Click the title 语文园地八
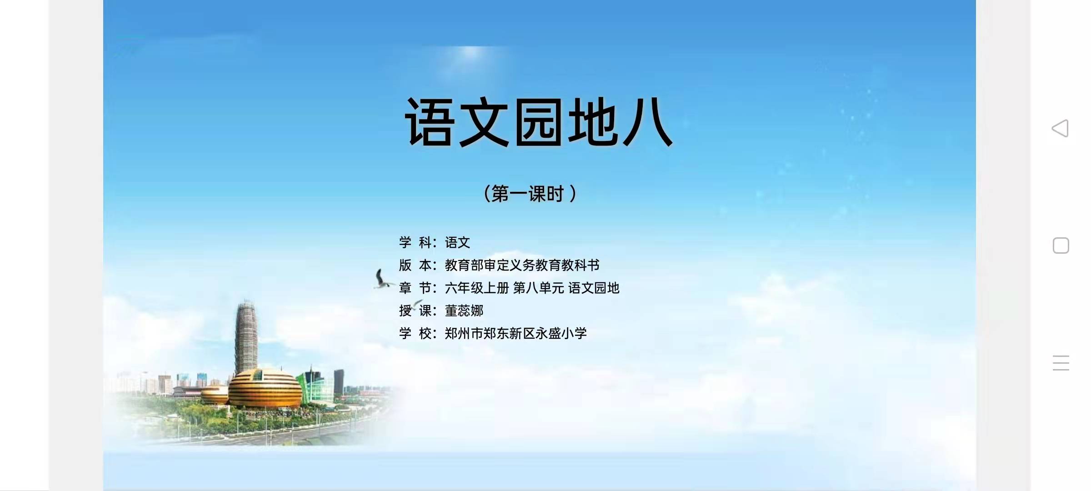539,122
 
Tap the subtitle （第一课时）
530,194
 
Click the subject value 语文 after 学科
457,242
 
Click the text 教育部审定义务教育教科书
522,265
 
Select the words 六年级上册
477,288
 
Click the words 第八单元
539,288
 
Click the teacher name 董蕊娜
464,311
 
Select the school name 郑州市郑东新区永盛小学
516,333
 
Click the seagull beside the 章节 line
382,279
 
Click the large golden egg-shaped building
265,389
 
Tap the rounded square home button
1061,245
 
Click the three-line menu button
1061,363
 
